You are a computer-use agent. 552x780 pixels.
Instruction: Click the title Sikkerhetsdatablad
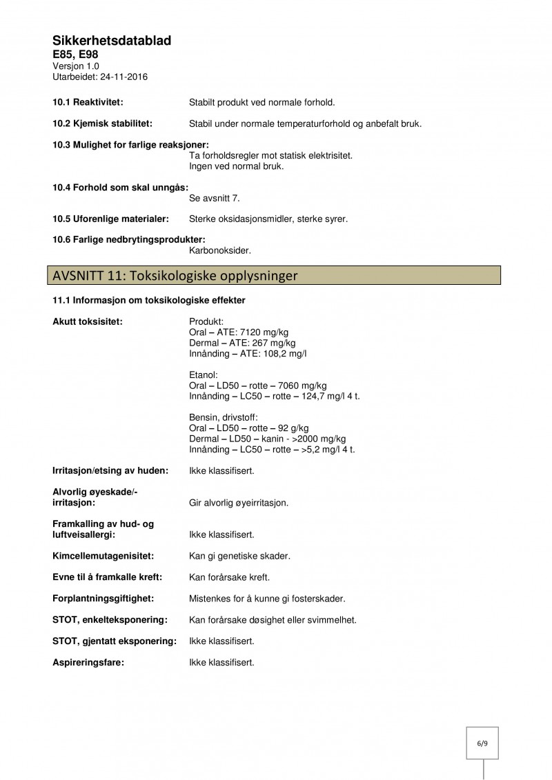point(112,41)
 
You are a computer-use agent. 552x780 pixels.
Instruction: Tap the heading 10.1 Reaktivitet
point(88,103)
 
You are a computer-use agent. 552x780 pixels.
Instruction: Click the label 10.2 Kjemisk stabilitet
point(103,124)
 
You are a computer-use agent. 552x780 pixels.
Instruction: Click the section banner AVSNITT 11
point(175,276)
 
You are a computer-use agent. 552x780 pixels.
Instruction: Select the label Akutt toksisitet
point(88,321)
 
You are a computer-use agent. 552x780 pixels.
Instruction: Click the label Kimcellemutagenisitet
point(103,556)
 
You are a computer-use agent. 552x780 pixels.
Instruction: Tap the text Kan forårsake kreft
point(229,577)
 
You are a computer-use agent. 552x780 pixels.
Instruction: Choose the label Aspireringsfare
point(88,663)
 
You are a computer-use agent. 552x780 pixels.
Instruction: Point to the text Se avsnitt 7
point(215,198)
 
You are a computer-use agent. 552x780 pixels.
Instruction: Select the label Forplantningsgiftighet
point(103,599)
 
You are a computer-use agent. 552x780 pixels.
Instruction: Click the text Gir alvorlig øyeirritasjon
point(239,503)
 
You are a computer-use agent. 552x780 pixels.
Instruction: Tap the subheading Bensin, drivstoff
point(223,417)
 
